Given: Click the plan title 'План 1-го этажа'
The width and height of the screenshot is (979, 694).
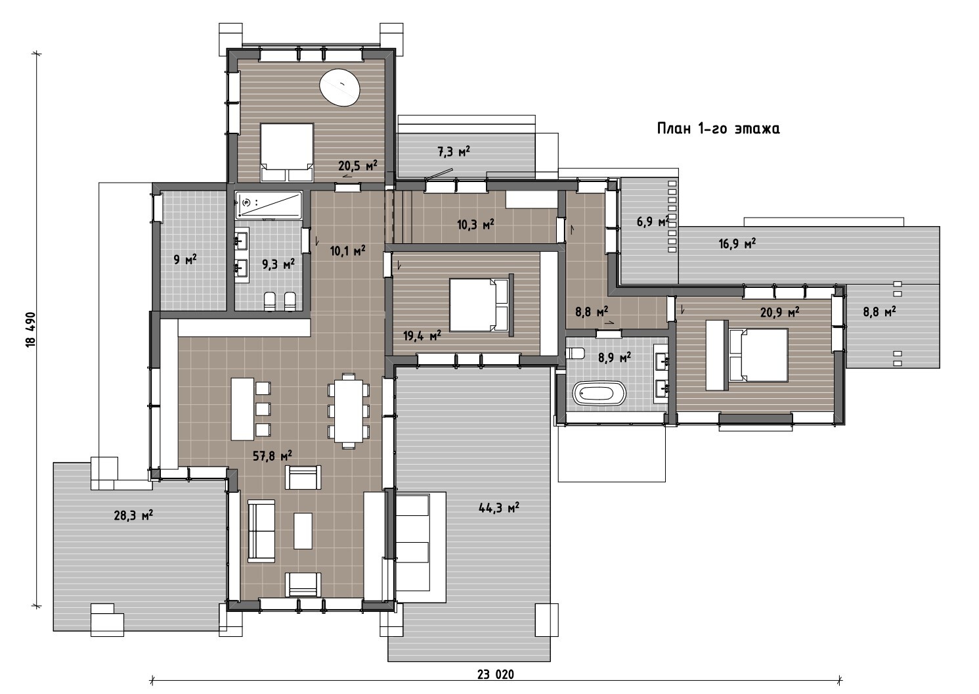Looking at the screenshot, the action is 718,129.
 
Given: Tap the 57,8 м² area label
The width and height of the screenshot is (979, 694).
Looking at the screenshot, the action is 272,456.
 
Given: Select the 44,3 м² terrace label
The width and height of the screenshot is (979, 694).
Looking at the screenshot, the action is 499,507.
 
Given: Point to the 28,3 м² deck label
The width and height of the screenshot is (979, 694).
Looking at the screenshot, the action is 133,515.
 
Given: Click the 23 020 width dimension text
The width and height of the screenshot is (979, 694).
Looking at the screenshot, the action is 496,674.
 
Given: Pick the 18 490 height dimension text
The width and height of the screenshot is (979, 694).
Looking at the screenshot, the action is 31,330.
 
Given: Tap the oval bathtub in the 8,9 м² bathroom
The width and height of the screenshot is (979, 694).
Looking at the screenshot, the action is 599,392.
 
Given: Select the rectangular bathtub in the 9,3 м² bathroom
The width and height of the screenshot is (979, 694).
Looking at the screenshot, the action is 269,205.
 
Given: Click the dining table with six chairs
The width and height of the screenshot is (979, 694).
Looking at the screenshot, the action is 349,411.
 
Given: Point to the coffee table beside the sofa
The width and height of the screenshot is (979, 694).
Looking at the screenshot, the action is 303,531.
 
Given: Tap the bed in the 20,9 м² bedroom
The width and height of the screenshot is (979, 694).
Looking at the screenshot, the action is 758,356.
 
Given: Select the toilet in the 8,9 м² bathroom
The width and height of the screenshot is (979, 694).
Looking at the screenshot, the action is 575,353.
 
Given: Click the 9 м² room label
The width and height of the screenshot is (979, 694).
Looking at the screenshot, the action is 185,259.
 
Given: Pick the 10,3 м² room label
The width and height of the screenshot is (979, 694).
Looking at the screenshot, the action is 475,225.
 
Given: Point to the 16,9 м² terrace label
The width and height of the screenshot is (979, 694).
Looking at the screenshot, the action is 737,243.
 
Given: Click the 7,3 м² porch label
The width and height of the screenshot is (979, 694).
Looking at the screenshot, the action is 454,151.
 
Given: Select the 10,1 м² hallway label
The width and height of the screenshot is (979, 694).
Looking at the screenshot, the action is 347,250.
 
